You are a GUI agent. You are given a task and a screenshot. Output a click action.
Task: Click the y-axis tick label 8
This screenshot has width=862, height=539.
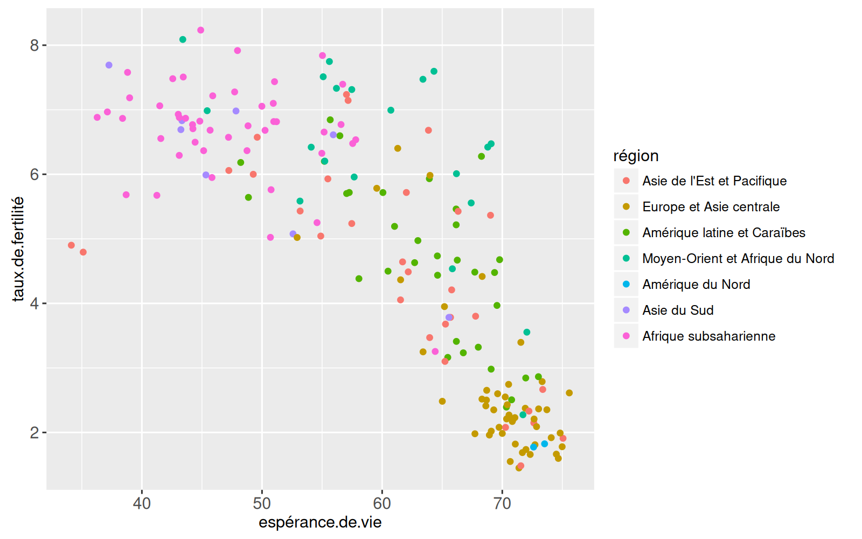click(x=34, y=45)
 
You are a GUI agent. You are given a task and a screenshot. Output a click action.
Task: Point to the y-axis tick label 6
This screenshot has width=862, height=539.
click(x=34, y=175)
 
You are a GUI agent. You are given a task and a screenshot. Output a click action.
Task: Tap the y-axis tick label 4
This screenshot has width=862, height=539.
click(x=34, y=303)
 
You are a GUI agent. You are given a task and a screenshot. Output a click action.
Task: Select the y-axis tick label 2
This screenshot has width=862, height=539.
click(x=34, y=433)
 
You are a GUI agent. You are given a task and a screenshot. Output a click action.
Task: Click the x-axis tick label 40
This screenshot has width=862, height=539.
click(x=142, y=504)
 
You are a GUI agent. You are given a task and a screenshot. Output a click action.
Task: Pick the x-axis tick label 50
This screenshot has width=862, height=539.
click(x=262, y=504)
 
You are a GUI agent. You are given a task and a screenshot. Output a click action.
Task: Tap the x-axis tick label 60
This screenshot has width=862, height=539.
click(x=382, y=504)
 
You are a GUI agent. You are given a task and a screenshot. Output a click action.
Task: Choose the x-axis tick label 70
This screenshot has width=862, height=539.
click(x=502, y=504)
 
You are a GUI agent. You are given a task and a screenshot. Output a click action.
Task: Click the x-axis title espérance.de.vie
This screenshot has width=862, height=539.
click(x=320, y=522)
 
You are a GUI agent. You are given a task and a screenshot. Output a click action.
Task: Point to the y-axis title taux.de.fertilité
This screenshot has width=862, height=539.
click(x=18, y=248)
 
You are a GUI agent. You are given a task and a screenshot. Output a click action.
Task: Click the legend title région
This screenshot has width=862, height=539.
click(x=636, y=156)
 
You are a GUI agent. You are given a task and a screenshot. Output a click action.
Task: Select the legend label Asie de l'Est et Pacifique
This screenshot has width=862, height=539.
click(x=714, y=181)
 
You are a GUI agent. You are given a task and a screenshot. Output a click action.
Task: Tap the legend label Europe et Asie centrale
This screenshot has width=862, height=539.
click(x=711, y=207)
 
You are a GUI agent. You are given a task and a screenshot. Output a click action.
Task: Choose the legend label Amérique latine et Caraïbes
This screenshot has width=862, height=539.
click(x=724, y=233)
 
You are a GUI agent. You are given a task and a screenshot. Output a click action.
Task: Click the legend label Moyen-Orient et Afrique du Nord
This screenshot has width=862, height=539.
click(x=738, y=259)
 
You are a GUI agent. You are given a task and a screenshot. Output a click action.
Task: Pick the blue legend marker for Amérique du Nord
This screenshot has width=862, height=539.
click(x=626, y=284)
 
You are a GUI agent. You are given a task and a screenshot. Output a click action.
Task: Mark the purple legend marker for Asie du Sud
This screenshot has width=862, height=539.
click(x=626, y=310)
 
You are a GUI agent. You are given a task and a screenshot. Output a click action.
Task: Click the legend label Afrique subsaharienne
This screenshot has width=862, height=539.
click(x=708, y=336)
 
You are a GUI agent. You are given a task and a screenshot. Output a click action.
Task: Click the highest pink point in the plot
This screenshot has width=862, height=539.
click(x=200, y=30)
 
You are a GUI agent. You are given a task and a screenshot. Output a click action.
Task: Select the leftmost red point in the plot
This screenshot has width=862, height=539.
click(x=71, y=245)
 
